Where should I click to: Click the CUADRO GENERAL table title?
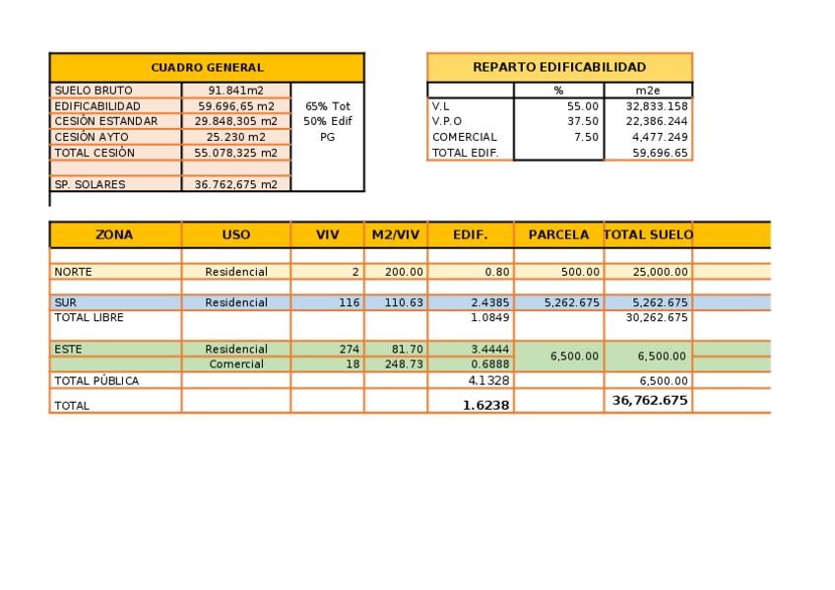tap(207, 68)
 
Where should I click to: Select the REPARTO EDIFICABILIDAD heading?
tap(559, 67)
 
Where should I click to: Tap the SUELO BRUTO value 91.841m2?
tap(236, 91)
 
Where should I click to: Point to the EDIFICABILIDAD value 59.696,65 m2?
tap(236, 106)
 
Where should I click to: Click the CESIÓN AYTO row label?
tap(91, 137)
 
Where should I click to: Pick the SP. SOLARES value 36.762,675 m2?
tap(236, 184)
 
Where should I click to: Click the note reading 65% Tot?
tap(327, 106)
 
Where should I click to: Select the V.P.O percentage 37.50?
tap(582, 121)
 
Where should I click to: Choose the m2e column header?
tap(648, 91)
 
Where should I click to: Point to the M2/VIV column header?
tap(396, 235)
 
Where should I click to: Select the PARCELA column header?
tap(558, 235)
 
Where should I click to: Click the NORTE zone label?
tap(72, 272)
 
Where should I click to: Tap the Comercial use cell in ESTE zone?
tap(236, 364)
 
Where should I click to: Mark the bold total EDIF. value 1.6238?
tap(486, 405)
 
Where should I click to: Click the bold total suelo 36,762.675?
tap(650, 401)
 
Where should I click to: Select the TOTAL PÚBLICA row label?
tap(96, 381)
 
